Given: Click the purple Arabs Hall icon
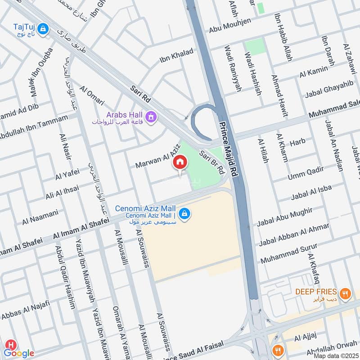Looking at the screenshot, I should [152, 117].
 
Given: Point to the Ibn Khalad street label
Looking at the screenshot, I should [176, 57].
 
